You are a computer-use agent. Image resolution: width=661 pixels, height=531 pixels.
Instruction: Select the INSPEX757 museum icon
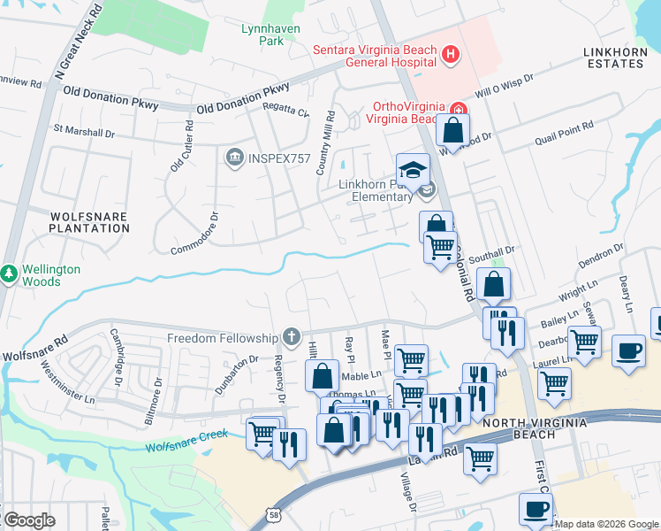click(x=234, y=158)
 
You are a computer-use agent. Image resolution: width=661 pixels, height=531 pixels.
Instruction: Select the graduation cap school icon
click(x=412, y=169)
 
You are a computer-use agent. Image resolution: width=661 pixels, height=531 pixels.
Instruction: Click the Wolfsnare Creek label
click(x=187, y=434)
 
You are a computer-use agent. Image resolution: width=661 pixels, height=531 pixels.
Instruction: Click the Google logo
click(x=29, y=519)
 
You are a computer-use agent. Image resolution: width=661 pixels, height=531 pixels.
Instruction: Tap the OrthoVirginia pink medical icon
click(x=459, y=112)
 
